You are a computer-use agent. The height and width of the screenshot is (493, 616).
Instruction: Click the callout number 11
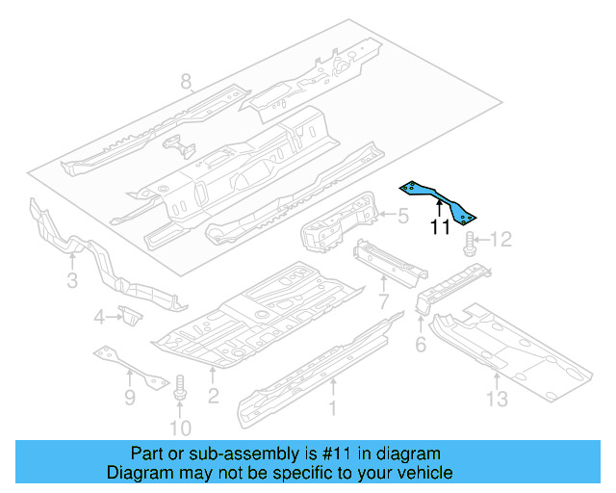(440, 228)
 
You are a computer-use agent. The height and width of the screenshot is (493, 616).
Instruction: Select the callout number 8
(187, 83)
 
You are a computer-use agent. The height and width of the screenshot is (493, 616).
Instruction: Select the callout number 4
(98, 318)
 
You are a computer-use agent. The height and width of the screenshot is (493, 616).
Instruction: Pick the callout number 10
(180, 428)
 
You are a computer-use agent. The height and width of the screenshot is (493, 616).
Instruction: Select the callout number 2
(214, 395)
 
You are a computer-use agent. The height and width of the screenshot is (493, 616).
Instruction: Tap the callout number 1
(334, 408)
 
